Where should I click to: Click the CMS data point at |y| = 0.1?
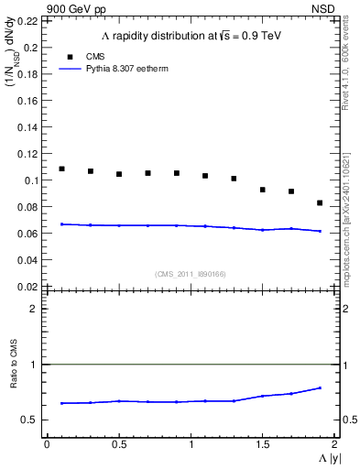tap(61, 169)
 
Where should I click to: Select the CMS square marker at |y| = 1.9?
tap(320, 202)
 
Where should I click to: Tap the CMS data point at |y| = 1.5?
tap(262, 190)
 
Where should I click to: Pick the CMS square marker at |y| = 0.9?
tap(176, 173)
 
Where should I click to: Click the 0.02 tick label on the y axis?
tap(29, 287)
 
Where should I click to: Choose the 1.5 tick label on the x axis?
tap(262, 444)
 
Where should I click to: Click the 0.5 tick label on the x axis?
tap(118, 444)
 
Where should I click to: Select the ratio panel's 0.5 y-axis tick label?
tap(32, 420)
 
